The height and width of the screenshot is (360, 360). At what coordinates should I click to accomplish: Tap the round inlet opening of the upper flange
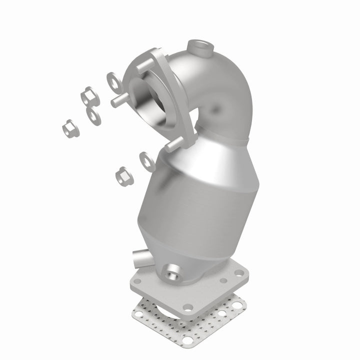pos(149,100)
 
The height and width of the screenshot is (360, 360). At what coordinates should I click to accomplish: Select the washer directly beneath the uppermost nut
pos(92,114)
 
